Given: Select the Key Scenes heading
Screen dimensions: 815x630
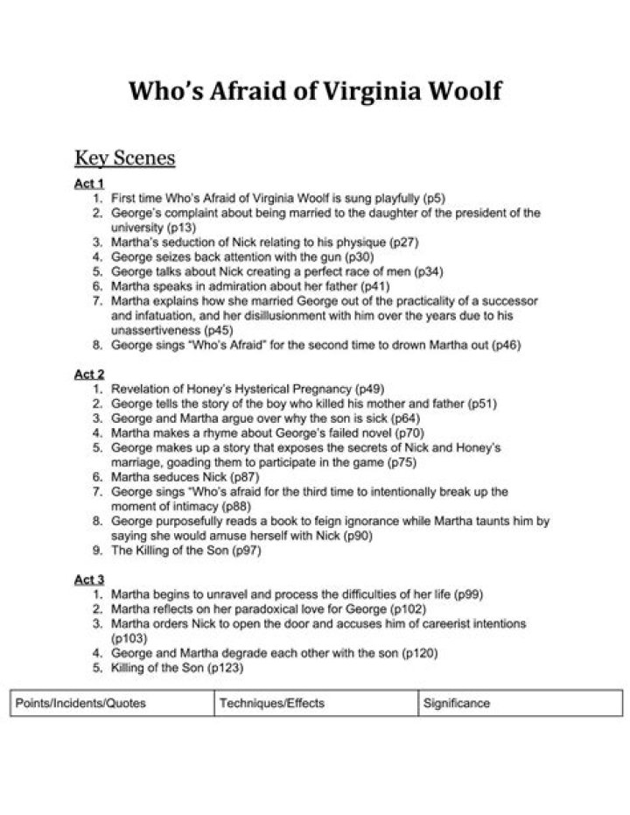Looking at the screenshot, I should [125, 158].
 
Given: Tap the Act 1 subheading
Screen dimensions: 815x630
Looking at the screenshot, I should [89, 184].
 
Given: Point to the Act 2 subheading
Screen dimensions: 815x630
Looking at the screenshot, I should [89, 374].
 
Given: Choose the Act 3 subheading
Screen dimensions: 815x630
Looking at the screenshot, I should [89, 580].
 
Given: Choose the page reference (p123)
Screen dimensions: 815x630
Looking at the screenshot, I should [225, 668].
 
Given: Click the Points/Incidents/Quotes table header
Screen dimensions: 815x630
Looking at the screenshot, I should [81, 703].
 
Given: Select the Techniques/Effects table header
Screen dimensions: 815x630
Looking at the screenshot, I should [272, 703].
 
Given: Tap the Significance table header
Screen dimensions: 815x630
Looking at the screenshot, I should [458, 703].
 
